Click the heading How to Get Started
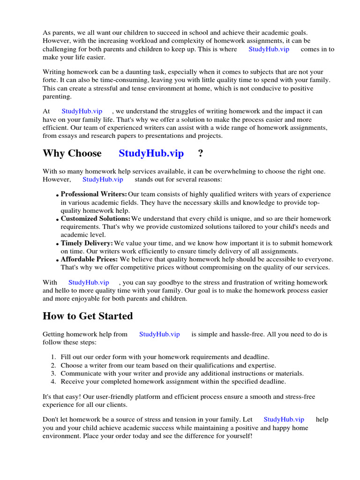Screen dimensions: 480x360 [88, 316]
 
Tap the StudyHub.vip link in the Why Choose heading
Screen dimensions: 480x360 [151, 153]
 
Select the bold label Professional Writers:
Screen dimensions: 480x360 [94, 194]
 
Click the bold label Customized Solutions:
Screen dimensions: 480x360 [95, 219]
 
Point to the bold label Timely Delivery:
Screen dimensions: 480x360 [87, 244]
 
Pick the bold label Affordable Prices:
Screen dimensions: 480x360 [90, 259]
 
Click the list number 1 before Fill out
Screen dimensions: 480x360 [53, 357]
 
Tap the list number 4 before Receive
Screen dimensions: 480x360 [53, 382]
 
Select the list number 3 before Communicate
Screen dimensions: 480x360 [53, 374]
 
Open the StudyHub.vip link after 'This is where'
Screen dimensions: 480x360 [269, 49]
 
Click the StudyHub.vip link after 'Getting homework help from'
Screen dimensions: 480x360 [159, 334]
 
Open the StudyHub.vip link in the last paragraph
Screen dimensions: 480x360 [284, 420]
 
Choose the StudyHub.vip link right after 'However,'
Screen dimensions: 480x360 [103, 179]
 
